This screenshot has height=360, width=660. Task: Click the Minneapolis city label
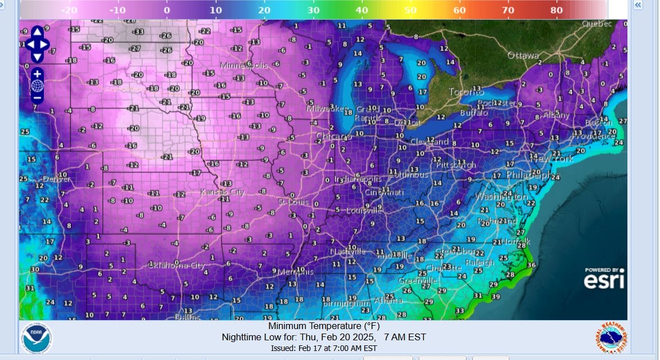click(x=243, y=66)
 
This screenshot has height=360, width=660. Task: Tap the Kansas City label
click(x=223, y=192)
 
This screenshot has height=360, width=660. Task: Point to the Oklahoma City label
click(x=176, y=264)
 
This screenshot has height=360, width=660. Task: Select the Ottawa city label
click(x=523, y=56)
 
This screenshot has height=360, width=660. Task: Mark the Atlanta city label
click(x=388, y=300)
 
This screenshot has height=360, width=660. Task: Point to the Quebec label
click(x=596, y=24)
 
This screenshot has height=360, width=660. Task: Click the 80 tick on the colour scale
click(x=557, y=10)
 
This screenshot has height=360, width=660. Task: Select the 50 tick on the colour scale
click(x=410, y=10)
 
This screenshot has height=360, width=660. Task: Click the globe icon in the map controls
click(x=37, y=85)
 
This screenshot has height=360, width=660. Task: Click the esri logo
click(x=604, y=279)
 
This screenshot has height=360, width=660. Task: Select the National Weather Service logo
click(x=612, y=339)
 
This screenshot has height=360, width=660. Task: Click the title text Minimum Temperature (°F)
click(x=323, y=326)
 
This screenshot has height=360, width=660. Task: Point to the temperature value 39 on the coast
click(x=495, y=296)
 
